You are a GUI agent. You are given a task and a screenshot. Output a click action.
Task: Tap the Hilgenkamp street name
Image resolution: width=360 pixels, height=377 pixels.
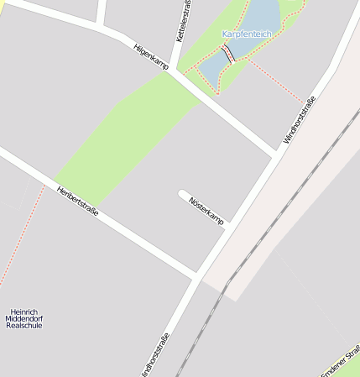(151, 55)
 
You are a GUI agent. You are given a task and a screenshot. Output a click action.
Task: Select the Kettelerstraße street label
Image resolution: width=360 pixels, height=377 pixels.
(182, 22)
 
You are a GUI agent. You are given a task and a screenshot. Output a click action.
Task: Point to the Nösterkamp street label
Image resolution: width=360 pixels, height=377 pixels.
(206, 210)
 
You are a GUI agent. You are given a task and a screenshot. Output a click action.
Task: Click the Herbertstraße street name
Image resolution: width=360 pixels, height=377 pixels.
(77, 201)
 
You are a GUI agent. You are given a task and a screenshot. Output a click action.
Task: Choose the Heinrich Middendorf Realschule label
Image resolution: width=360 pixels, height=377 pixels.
(23, 318)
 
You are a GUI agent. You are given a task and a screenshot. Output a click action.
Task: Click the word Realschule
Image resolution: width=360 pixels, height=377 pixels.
(23, 326)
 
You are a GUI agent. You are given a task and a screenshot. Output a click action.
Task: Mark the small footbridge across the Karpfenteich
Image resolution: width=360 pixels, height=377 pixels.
(227, 55)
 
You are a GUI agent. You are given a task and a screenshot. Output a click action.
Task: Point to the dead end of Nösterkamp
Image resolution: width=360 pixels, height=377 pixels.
(182, 195)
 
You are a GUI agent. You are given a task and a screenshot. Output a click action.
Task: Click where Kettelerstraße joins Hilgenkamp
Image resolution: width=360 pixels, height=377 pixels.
(174, 71)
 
